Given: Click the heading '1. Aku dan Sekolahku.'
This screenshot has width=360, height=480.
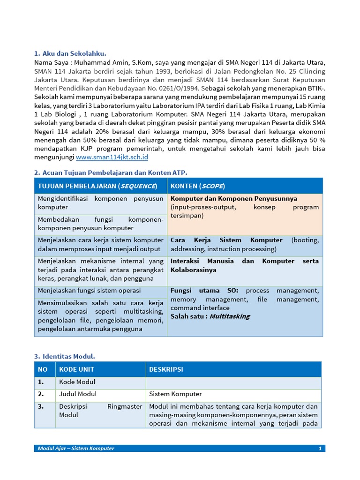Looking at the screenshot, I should click(x=73, y=53).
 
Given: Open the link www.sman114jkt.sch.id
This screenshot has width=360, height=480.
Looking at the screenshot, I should click(x=112, y=157).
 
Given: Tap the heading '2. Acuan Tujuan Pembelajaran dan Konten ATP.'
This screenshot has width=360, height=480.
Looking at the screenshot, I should click(x=111, y=172).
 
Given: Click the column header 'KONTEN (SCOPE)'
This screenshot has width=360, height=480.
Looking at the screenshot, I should click(x=198, y=186).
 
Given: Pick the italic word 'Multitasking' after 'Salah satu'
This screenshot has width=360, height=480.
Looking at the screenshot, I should click(x=229, y=316).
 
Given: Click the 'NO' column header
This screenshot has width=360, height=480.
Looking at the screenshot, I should click(x=43, y=369).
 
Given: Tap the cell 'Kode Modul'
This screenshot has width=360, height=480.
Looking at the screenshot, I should click(x=77, y=382).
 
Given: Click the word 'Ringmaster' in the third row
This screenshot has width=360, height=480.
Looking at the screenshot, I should click(x=125, y=406).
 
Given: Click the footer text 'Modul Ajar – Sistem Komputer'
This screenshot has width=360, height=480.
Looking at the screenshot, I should click(x=76, y=449).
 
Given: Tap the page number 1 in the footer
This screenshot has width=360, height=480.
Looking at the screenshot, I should click(x=320, y=449).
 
